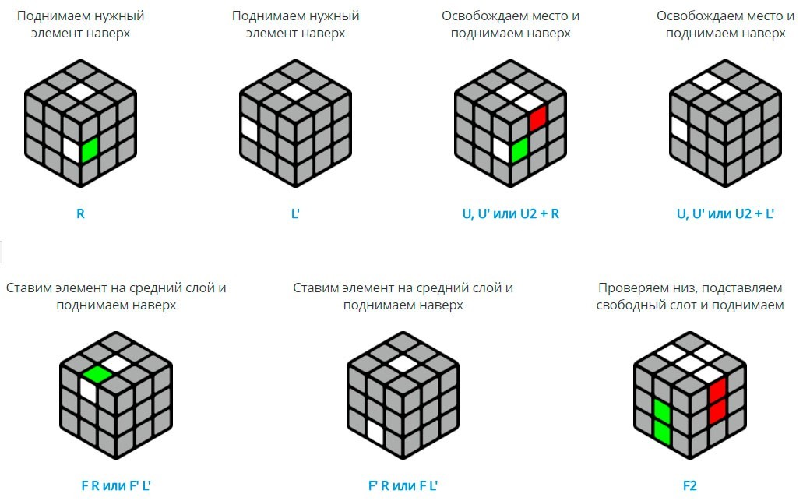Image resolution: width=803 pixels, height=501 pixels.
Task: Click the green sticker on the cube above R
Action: (90, 150)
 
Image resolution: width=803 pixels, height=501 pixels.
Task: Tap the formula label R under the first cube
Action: (80, 213)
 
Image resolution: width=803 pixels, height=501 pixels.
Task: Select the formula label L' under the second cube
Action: (295, 213)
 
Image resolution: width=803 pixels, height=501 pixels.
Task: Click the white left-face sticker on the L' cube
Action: (249, 129)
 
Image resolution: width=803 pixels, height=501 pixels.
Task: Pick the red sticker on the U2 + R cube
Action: (538, 118)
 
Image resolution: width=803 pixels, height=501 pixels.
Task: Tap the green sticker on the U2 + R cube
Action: (519, 150)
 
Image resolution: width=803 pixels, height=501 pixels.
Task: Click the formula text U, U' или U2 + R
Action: (511, 213)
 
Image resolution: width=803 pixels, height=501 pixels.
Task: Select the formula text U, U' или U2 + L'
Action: (725, 213)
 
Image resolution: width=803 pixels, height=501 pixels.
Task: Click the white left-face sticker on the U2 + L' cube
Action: (679, 129)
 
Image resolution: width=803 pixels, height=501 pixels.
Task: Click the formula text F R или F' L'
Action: (116, 485)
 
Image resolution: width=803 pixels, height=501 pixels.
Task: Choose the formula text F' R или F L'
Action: (403, 485)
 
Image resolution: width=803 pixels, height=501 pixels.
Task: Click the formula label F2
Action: (690, 485)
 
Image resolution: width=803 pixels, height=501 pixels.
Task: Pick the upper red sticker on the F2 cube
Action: (717, 390)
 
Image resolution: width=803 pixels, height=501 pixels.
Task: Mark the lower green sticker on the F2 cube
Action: (662, 432)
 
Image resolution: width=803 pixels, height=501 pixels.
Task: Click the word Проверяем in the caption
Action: (630, 288)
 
